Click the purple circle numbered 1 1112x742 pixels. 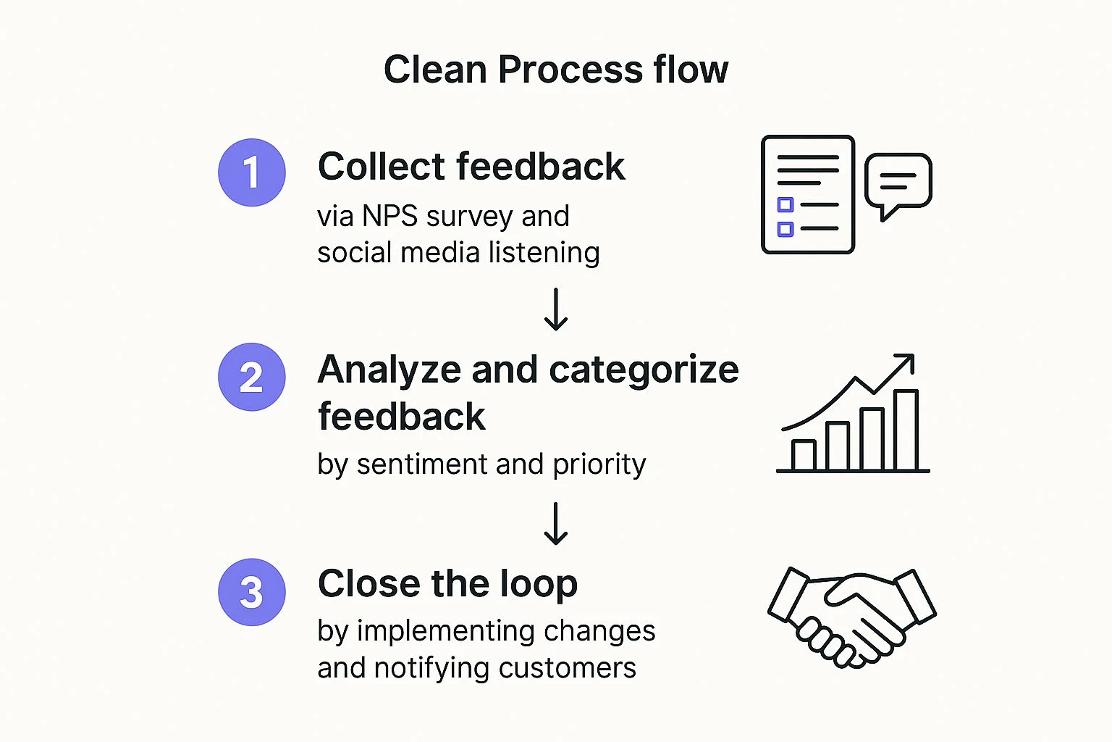click(251, 172)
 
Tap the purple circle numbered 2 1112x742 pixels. click(251, 377)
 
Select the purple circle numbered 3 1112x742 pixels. click(251, 592)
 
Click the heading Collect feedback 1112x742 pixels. click(471, 167)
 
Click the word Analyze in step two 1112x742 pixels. click(389, 370)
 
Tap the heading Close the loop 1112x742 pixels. click(447, 583)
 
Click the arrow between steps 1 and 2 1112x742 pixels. click(555, 309)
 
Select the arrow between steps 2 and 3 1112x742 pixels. click(555, 523)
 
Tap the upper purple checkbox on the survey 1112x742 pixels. click(785, 204)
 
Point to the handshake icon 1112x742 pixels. click(851, 616)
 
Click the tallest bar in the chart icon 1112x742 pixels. click(906, 430)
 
